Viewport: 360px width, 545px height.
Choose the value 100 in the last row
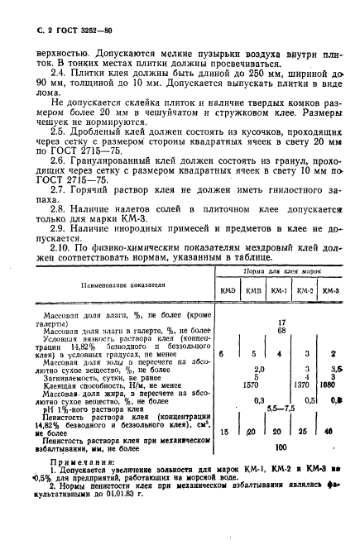(282, 470)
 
